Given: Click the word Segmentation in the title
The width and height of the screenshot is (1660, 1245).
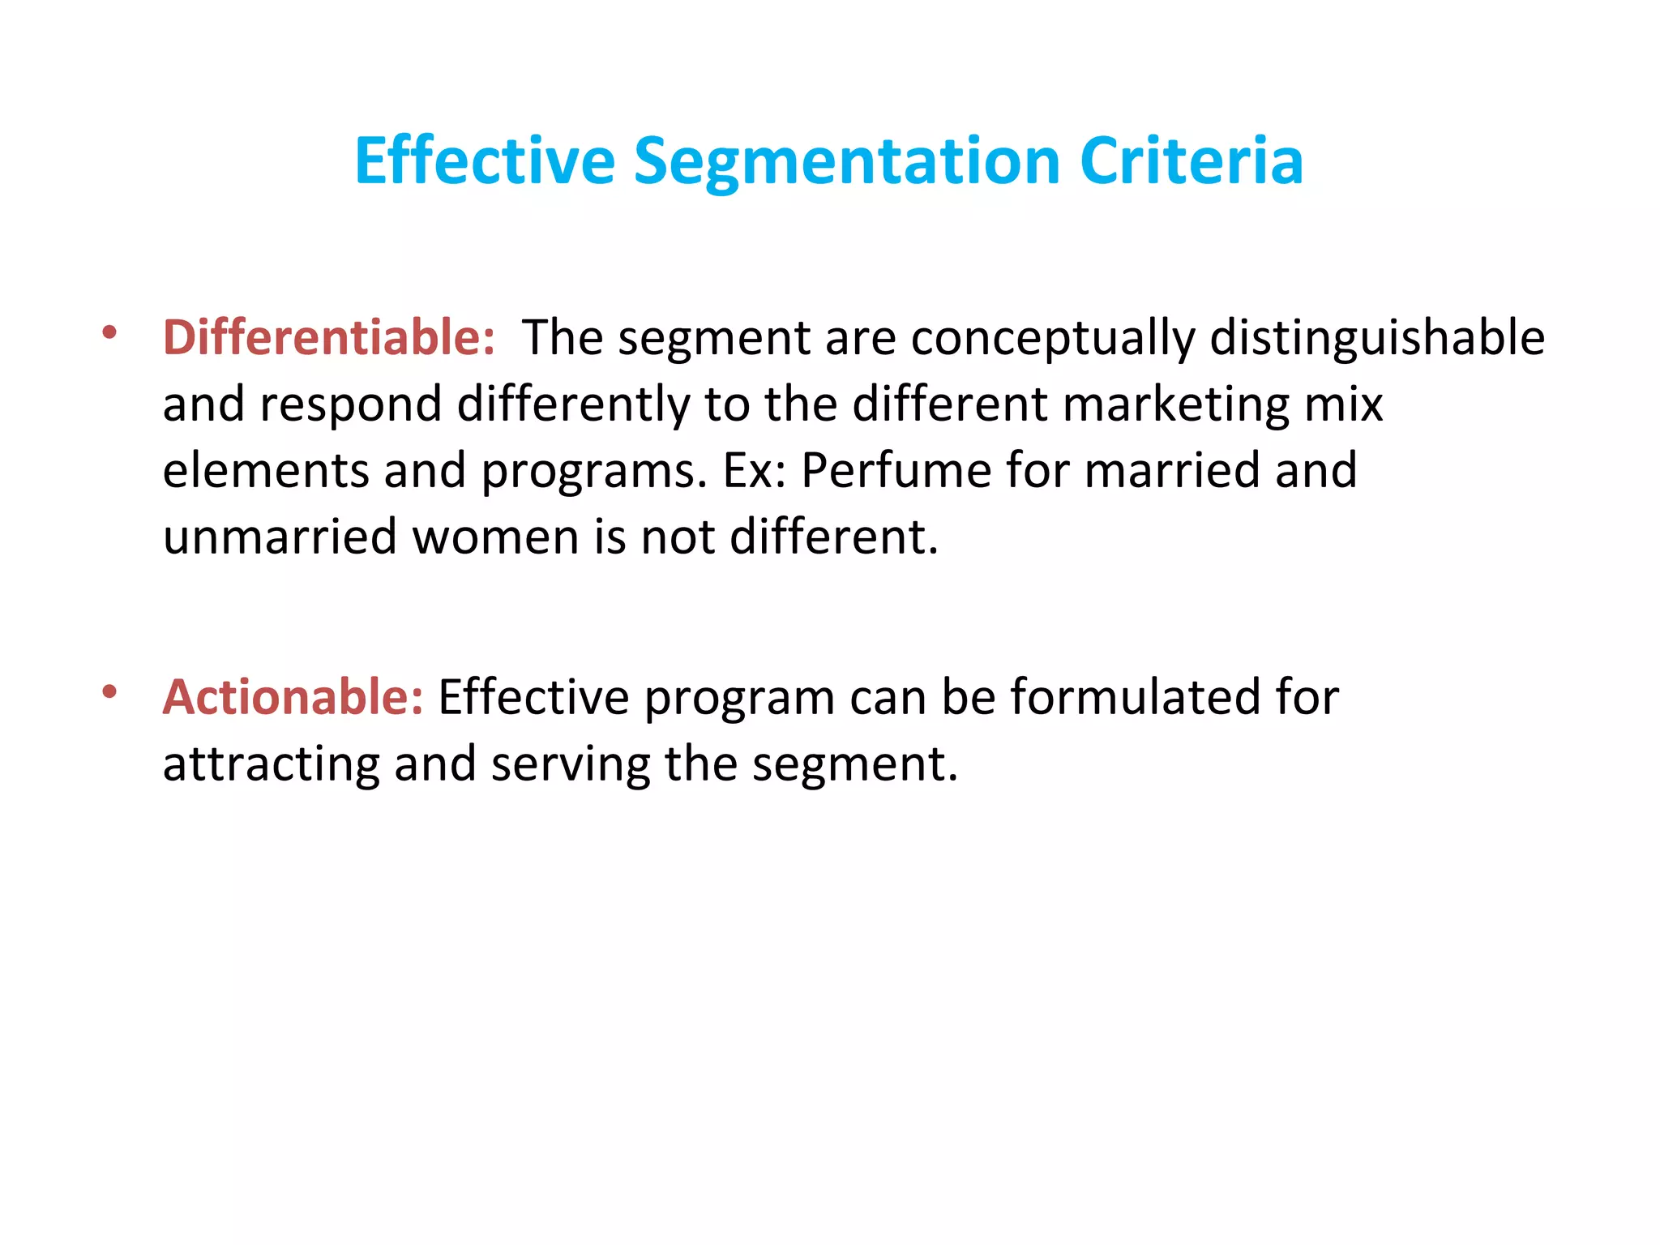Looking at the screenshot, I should [x=846, y=162].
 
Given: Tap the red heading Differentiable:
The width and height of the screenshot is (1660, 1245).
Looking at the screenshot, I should [x=328, y=337].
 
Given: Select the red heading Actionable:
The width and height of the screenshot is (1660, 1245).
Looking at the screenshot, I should [x=293, y=697].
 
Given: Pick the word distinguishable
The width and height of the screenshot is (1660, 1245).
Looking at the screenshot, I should [x=1377, y=339].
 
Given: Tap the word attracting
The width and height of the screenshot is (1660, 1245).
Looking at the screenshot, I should [x=271, y=765].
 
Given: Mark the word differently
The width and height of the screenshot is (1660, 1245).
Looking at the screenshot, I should [x=573, y=405].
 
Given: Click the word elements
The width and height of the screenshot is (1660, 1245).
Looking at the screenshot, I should [x=265, y=470].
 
